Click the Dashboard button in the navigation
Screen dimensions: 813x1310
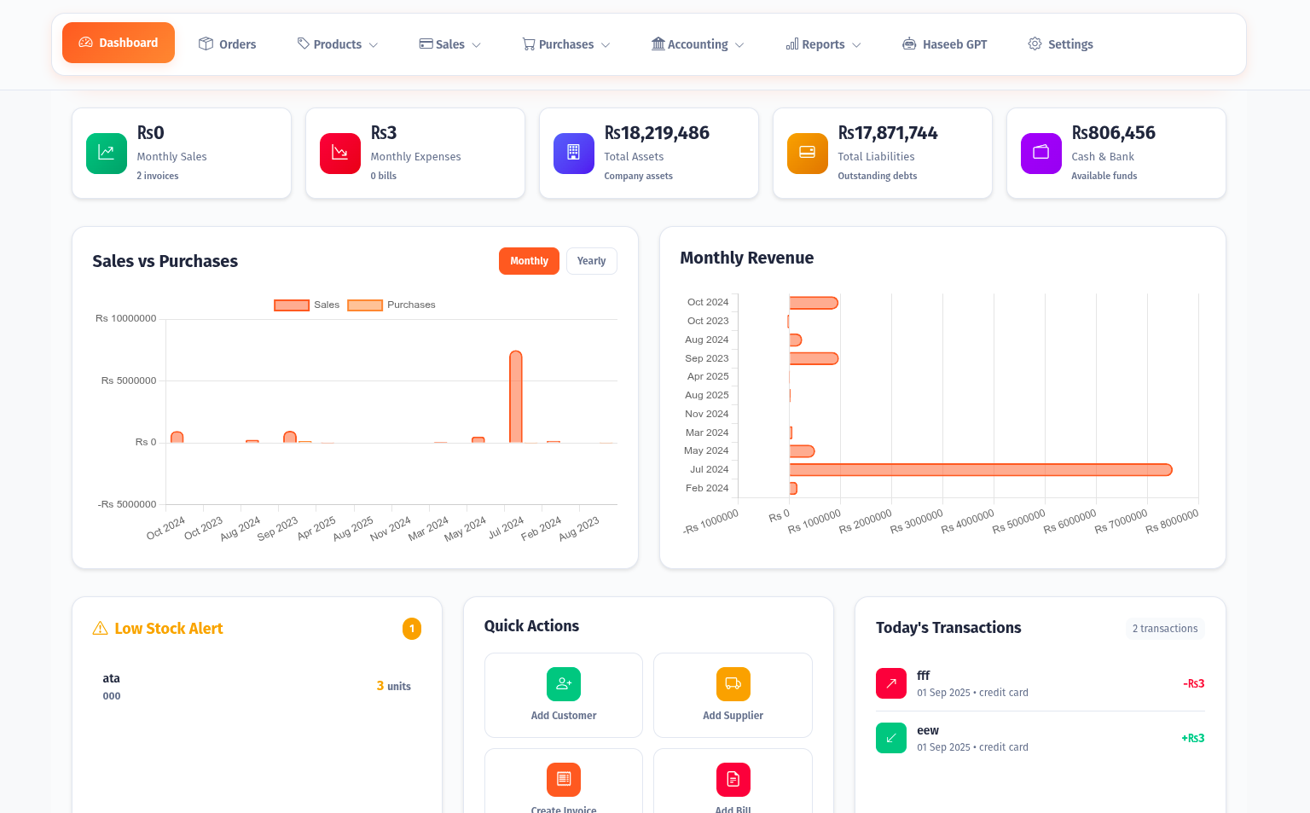(x=119, y=43)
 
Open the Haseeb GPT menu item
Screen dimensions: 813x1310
(x=945, y=44)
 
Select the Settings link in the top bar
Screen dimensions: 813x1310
(x=1060, y=44)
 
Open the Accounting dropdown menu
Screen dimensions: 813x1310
(x=698, y=44)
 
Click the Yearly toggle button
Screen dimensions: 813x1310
(x=591, y=261)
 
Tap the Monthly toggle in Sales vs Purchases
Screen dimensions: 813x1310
(x=529, y=261)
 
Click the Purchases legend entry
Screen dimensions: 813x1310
(x=392, y=305)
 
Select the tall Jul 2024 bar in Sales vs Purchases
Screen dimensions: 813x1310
(x=515, y=397)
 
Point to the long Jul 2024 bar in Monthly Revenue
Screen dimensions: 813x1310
(x=981, y=470)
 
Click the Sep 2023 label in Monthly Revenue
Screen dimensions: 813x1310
(x=707, y=358)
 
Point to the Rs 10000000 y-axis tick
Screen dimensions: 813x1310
(x=126, y=318)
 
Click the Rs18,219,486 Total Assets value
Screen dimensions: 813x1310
(x=657, y=133)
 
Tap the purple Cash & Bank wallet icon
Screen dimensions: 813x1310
(x=1040, y=154)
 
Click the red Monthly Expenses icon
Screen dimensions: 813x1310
(x=340, y=154)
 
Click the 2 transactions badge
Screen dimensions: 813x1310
(x=1164, y=629)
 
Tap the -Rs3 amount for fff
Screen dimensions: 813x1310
(x=1193, y=683)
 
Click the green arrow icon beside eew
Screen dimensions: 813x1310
(x=891, y=738)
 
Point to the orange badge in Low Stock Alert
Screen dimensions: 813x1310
(x=412, y=629)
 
